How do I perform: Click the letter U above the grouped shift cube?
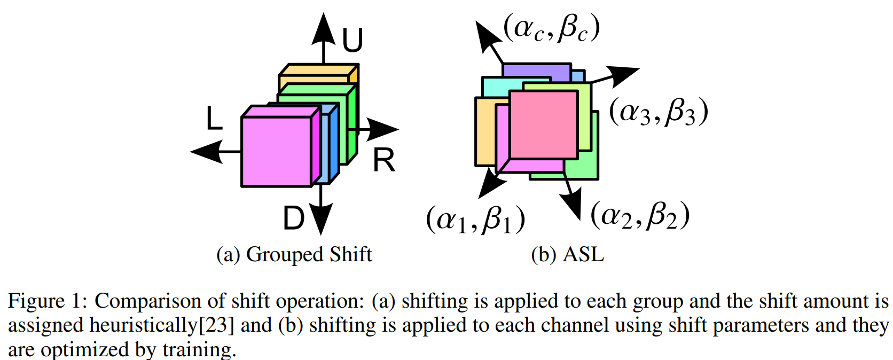click(x=352, y=40)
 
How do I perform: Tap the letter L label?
click(x=214, y=119)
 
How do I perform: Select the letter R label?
click(x=384, y=160)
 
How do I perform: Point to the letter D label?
click(x=294, y=218)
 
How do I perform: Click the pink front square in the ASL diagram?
click(x=543, y=124)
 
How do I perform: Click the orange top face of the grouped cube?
click(x=318, y=70)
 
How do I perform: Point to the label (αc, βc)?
click(x=551, y=28)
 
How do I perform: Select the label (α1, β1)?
click(x=475, y=220)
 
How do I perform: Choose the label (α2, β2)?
click(x=640, y=215)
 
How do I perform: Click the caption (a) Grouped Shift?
click(x=294, y=254)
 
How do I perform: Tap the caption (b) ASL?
click(x=567, y=254)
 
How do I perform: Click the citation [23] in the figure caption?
click(x=216, y=325)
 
